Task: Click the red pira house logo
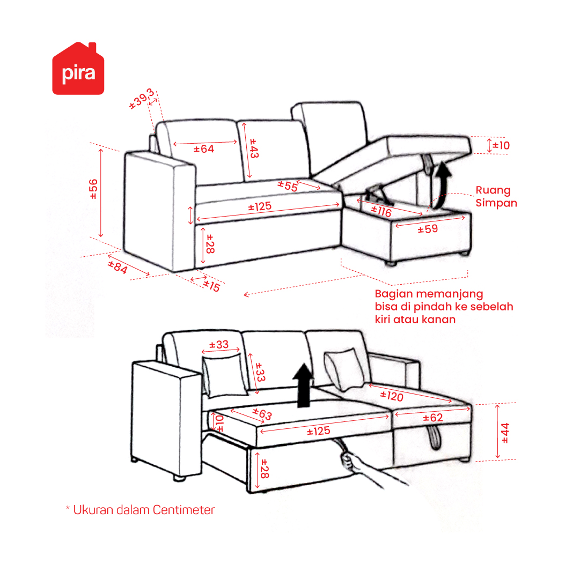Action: pyautogui.click(x=78, y=69)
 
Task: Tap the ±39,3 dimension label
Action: pyautogui.click(x=141, y=99)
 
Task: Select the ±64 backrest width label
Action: pyautogui.click(x=204, y=149)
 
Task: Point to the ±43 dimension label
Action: pyautogui.click(x=254, y=148)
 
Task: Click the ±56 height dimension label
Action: pyautogui.click(x=93, y=189)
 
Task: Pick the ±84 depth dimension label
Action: pyautogui.click(x=118, y=267)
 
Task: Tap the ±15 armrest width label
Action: pyautogui.click(x=211, y=286)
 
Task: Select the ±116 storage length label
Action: pyautogui.click(x=381, y=211)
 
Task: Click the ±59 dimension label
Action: pyautogui.click(x=428, y=229)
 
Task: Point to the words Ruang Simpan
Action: pyautogui.click(x=496, y=197)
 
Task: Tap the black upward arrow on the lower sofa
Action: pyautogui.click(x=303, y=385)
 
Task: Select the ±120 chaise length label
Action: pyautogui.click(x=392, y=397)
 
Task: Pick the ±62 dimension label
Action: pyautogui.click(x=433, y=418)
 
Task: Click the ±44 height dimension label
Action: pyautogui.click(x=505, y=433)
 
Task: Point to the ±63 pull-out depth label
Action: pyautogui.click(x=262, y=414)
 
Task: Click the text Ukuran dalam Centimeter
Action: pyautogui.click(x=144, y=510)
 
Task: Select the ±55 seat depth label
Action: pyautogui.click(x=288, y=185)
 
